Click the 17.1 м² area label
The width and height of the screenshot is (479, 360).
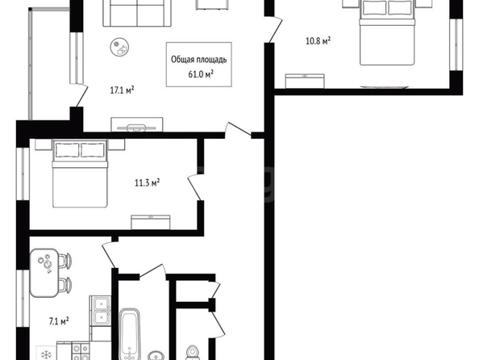(122, 90)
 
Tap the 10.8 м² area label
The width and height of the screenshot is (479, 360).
(318, 40)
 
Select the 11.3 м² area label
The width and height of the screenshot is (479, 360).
(148, 183)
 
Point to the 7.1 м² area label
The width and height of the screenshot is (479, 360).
(59, 321)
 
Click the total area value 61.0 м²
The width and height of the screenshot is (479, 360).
(201, 73)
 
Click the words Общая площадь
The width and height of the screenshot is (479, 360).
(199, 60)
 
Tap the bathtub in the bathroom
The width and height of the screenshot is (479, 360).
(130, 334)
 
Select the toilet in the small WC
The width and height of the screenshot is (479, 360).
(193, 353)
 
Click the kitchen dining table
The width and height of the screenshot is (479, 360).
(44, 273)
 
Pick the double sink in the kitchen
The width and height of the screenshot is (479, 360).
(102, 311)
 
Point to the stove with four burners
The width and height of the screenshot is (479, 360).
(81, 351)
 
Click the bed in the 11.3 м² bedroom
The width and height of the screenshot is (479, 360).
(80, 174)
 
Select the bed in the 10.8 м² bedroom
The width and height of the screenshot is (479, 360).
(387, 32)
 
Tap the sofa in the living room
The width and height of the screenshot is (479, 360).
(137, 13)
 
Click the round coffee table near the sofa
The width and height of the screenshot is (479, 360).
(119, 47)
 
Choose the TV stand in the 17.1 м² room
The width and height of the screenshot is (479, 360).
(137, 125)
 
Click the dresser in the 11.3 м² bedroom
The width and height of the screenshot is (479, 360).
(151, 222)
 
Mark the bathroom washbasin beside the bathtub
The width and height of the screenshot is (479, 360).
(156, 356)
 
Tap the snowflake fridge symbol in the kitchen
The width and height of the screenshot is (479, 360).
(46, 355)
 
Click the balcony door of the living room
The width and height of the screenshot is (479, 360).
(79, 95)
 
